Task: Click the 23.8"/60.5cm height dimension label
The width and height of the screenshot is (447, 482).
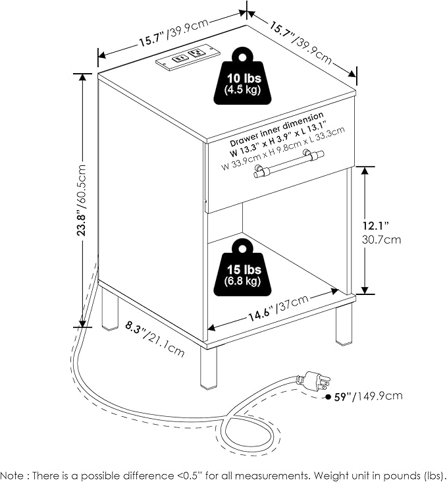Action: tap(82, 200)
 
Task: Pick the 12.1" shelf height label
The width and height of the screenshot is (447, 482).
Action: tap(375, 226)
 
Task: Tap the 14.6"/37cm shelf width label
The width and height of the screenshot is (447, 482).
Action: tap(278, 308)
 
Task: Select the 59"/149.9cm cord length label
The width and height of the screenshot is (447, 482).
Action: tap(368, 396)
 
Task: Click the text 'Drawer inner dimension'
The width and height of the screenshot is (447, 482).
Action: tap(276, 129)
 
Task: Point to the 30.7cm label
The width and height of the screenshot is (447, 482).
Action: tap(381, 240)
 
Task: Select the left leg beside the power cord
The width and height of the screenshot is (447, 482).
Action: tap(109, 308)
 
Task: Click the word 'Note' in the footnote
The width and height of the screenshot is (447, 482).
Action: tap(12, 475)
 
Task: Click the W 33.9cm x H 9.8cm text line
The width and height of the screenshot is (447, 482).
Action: tap(283, 148)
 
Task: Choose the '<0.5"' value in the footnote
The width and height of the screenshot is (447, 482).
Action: tap(190, 475)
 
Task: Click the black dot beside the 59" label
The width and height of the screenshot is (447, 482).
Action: tap(329, 397)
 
